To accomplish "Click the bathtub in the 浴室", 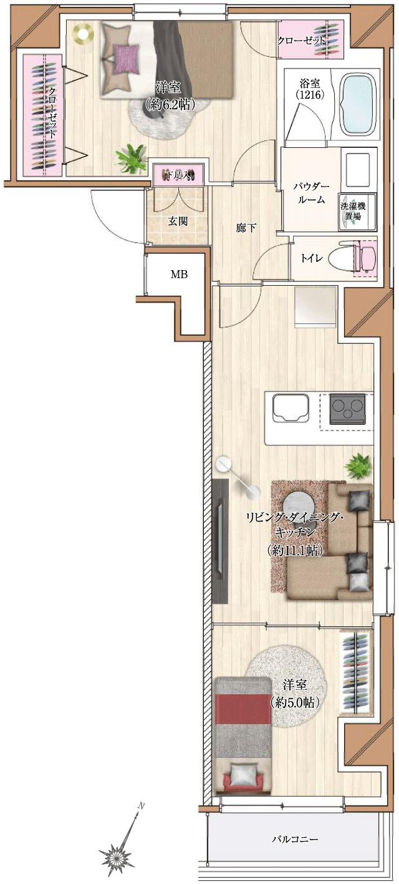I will [x=357, y=104].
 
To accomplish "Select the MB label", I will [x=180, y=274].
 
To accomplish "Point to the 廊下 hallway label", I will [x=246, y=228].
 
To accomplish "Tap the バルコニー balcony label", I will [x=295, y=840].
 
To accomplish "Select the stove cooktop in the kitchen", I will [x=347, y=409].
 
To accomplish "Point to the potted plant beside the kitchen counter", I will [x=358, y=465].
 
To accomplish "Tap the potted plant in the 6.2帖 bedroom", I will [x=132, y=157].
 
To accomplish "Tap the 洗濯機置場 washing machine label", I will [x=353, y=211].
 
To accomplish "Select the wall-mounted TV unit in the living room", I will [x=219, y=540].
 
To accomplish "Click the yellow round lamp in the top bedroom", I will [x=82, y=33].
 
